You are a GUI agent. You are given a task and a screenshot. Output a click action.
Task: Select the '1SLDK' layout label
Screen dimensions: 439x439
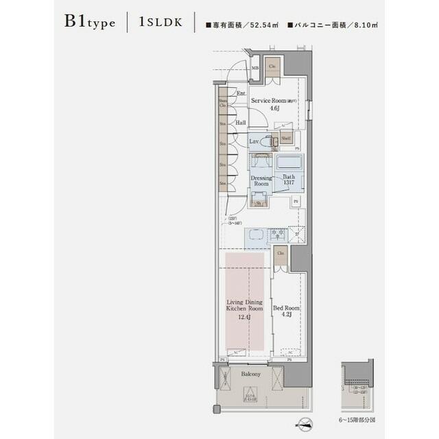pos(160,22)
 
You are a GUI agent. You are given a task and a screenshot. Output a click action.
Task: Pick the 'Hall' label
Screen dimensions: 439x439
pos(241,123)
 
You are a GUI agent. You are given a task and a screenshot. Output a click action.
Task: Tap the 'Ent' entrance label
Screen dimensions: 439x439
pos(241,93)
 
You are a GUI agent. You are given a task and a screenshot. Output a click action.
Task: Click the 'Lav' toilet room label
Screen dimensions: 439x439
pos(254,141)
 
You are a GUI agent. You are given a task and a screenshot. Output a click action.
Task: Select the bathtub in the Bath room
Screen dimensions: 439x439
pos(289,165)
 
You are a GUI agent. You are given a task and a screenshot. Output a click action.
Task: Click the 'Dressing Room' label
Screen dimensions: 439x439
pos(261,180)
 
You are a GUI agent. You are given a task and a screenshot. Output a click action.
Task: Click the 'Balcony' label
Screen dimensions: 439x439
pos(250,375)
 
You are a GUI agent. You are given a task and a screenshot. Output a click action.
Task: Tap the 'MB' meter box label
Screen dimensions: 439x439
pos(254,69)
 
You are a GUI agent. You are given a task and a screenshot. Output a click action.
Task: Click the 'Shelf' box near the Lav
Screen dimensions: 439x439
pos(286,137)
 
